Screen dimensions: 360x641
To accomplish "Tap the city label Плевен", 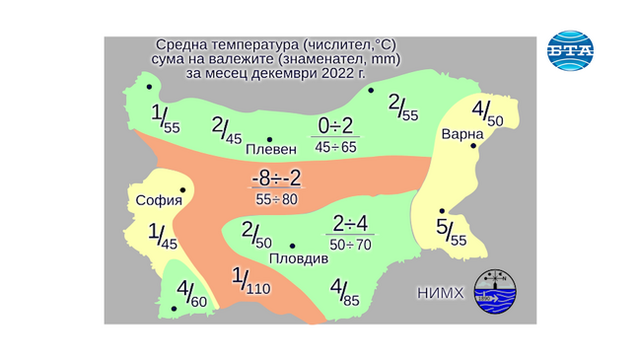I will click(x=270, y=150).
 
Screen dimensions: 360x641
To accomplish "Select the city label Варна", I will click(x=462, y=133).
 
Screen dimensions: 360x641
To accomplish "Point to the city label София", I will click(x=159, y=201).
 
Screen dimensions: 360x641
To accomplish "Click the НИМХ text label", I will click(x=440, y=293).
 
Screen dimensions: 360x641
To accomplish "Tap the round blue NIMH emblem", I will click(x=495, y=292).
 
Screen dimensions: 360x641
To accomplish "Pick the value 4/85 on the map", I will click(x=344, y=293).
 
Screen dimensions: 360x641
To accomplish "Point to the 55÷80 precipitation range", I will click(x=276, y=199).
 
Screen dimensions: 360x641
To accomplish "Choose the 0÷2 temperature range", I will click(x=335, y=126).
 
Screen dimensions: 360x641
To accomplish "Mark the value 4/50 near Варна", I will click(x=487, y=112).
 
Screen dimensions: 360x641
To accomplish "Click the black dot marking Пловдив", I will click(x=293, y=246).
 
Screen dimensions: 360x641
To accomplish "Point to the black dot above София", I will click(x=182, y=190).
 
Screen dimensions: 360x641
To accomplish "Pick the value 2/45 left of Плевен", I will click(x=227, y=129).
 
